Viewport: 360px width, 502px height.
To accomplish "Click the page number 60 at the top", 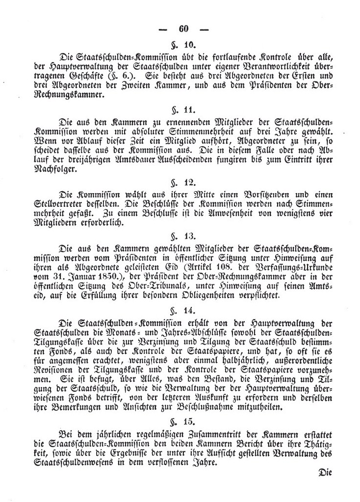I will pyautogui.click(x=184, y=28).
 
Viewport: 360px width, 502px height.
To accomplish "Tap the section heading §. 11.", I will pyautogui.click(x=183, y=111).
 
